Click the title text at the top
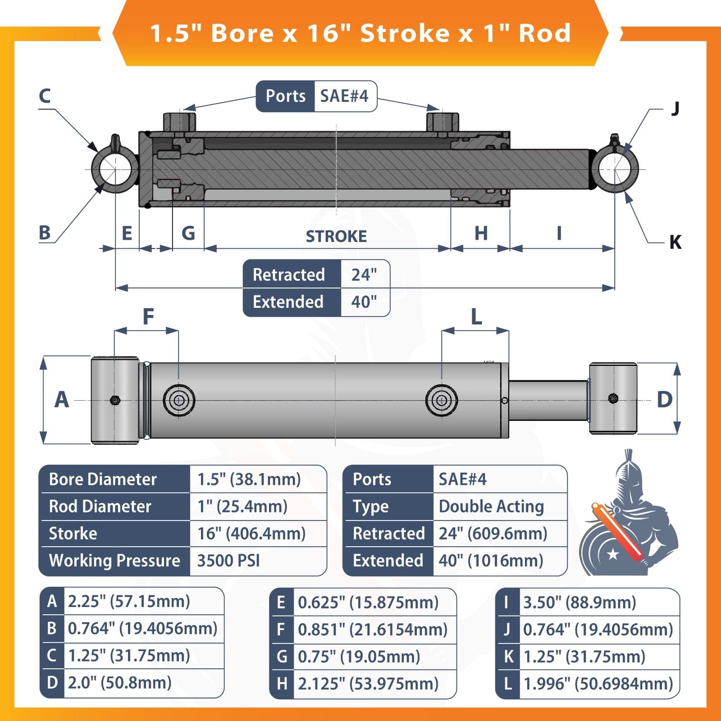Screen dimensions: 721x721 click(360, 33)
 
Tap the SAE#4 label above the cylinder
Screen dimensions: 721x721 click(344, 96)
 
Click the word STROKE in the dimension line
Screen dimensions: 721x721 click(336, 236)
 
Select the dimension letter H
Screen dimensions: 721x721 click(481, 233)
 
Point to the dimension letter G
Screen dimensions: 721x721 click(188, 233)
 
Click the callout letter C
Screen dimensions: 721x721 click(45, 96)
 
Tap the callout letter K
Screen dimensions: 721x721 click(675, 242)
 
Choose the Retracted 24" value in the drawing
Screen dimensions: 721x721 click(364, 274)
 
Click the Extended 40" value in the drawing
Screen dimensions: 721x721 click(364, 302)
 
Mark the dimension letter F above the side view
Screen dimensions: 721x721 click(148, 317)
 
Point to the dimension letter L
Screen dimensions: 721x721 click(476, 317)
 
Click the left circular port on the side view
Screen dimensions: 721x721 click(179, 400)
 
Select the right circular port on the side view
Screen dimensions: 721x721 click(442, 400)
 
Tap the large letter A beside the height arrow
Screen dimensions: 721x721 click(62, 400)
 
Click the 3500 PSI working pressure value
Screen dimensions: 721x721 click(228, 561)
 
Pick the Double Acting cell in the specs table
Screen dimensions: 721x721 click(491, 507)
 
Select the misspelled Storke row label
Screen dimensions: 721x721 click(73, 534)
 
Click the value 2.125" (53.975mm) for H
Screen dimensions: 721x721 click(368, 684)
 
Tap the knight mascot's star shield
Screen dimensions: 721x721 click(608, 552)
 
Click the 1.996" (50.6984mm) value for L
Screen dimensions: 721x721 click(598, 684)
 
